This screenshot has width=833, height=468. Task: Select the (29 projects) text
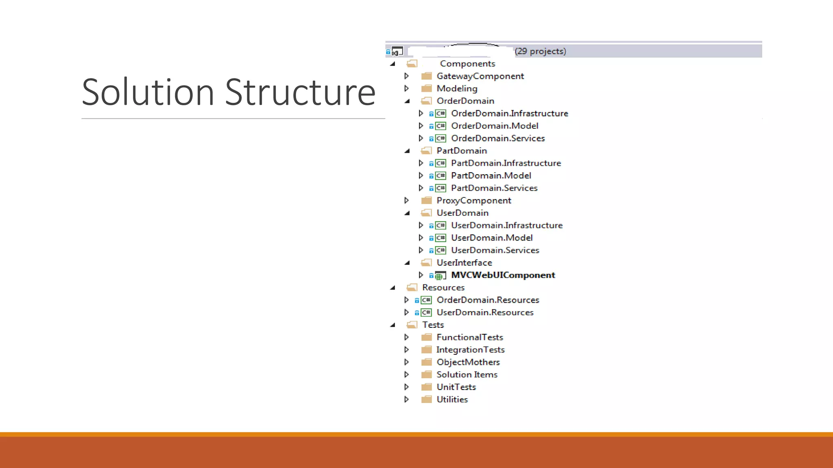[x=540, y=51]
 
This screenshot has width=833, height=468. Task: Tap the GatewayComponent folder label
[x=480, y=76]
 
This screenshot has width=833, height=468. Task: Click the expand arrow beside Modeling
[x=406, y=89]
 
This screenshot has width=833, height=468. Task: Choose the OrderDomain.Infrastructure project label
[x=509, y=113]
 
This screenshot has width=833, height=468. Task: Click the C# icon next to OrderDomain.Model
[x=440, y=126]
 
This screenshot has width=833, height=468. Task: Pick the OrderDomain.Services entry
[x=497, y=139]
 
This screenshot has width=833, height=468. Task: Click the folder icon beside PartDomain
[x=426, y=151]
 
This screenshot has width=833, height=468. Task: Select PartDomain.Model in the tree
[x=491, y=175]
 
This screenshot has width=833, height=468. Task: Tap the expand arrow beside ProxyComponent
[x=406, y=200]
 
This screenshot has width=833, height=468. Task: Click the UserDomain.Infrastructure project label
[x=506, y=225]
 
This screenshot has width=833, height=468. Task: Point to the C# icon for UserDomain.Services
[x=440, y=250]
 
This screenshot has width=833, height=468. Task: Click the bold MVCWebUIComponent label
[x=503, y=275]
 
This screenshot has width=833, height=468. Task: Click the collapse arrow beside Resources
[x=393, y=288]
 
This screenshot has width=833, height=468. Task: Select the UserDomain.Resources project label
[x=485, y=312]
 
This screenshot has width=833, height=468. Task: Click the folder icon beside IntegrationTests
[x=426, y=350]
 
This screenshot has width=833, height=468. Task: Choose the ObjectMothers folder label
[x=468, y=362]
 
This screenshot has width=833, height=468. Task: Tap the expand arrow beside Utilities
[x=406, y=399]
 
